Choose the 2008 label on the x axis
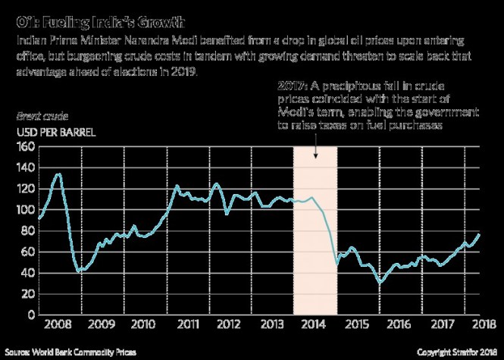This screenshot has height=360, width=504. coord(58,324)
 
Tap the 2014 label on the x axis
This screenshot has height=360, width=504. coord(315,324)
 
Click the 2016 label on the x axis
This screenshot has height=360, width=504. coord(399,324)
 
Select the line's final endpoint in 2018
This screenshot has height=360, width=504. coord(479,234)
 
